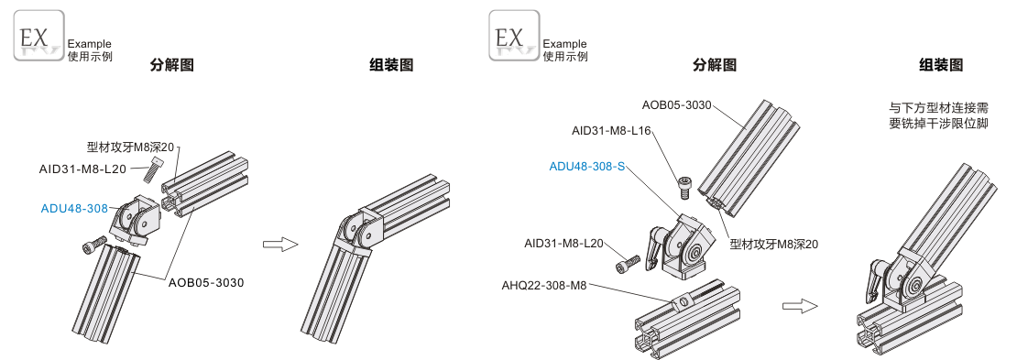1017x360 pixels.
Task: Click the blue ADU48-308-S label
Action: pyautogui.click(x=587, y=166)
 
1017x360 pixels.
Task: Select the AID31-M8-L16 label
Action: pyautogui.click(x=611, y=130)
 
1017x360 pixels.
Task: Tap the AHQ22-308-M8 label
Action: pyautogui.click(x=543, y=285)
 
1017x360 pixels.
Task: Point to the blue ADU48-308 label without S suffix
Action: pyautogui.click(x=74, y=208)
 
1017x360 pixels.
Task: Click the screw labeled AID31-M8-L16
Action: pyautogui.click(x=683, y=187)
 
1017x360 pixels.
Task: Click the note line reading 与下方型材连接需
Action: pyautogui.click(x=938, y=108)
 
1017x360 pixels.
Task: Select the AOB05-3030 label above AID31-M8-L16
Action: pyautogui.click(x=676, y=104)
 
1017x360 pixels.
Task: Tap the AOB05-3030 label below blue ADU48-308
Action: pyautogui.click(x=206, y=283)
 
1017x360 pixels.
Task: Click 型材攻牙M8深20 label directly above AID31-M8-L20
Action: pyautogui.click(x=130, y=147)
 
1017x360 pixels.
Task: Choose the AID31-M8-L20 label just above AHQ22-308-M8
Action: pyautogui.click(x=563, y=244)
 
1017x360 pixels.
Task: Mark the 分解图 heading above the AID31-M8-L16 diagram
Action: pyautogui.click(x=714, y=65)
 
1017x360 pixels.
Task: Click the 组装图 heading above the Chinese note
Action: pyautogui.click(x=940, y=65)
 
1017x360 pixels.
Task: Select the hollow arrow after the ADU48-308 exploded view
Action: pyautogui.click(x=280, y=245)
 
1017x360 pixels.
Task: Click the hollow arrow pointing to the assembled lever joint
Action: pyautogui.click(x=800, y=306)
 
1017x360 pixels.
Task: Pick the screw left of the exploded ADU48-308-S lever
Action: pyautogui.click(x=628, y=264)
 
